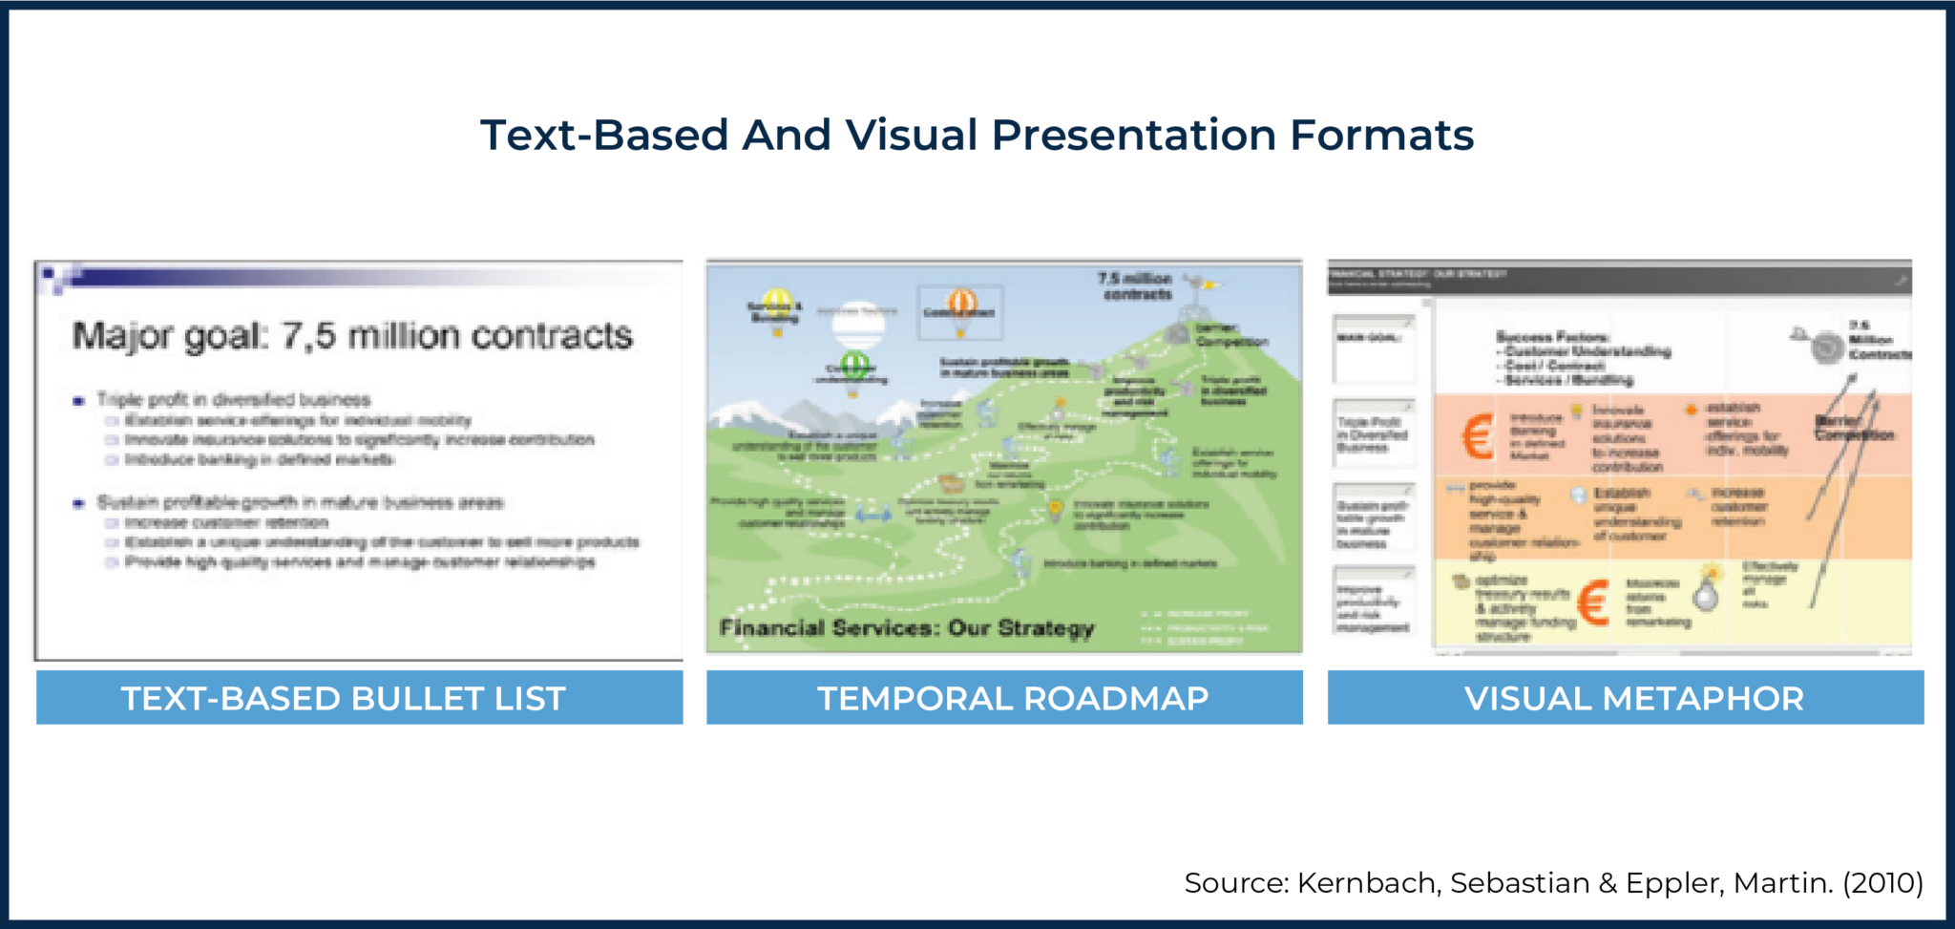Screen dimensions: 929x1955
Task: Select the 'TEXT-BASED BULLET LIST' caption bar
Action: coord(359,698)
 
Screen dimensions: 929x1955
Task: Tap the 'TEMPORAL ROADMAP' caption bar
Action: coord(1004,698)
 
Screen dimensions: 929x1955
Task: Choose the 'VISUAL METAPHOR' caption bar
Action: coord(1625,698)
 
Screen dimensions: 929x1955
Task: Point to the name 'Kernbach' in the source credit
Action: coord(1366,882)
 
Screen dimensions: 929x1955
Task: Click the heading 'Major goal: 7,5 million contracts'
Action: coord(352,336)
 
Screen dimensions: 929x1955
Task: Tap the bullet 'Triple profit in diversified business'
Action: coord(233,400)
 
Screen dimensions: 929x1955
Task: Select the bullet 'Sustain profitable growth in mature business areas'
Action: coord(300,502)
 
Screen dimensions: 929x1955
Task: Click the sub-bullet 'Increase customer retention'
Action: coord(226,523)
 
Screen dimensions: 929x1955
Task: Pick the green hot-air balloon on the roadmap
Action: coord(854,365)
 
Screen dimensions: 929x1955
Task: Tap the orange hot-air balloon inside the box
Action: coord(961,305)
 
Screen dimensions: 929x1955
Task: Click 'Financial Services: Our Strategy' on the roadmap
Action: coord(906,628)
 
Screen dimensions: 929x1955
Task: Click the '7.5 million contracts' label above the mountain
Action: coord(1135,286)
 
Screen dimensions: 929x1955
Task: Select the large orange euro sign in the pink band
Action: coord(1477,436)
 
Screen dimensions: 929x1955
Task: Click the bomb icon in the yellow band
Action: coord(1706,593)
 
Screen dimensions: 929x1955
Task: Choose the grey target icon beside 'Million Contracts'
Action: coord(1826,346)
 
